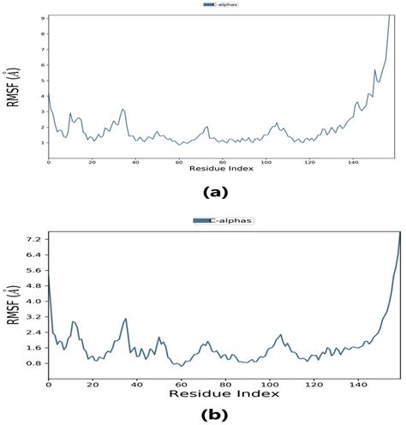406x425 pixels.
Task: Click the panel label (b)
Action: coord(214,415)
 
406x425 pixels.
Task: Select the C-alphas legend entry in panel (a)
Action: coord(226,5)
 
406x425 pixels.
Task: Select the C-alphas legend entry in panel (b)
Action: coord(224,221)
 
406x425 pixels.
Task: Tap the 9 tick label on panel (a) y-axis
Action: coord(42,17)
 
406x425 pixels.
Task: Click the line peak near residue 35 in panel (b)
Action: coord(126,319)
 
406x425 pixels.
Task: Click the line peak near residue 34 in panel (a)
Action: coord(123,109)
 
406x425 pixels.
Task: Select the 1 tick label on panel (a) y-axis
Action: coord(42,142)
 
